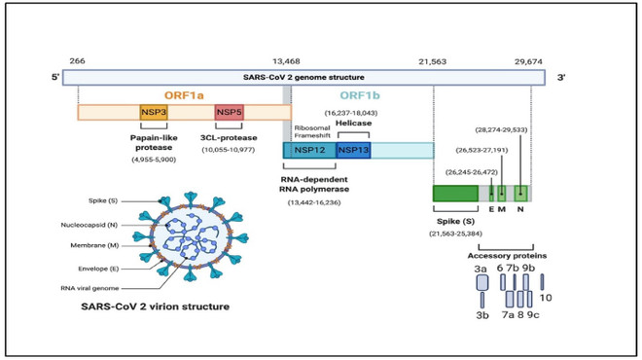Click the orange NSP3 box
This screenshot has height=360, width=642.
[x=153, y=113]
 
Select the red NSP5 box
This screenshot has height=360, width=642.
[x=230, y=113]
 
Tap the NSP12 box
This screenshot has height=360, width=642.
[x=309, y=150]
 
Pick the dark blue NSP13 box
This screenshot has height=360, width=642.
[x=353, y=150]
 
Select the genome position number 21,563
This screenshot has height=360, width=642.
[x=432, y=59]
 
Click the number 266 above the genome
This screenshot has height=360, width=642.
[x=77, y=59]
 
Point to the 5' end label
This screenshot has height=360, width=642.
[x=55, y=77]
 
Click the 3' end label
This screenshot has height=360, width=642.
[x=562, y=77]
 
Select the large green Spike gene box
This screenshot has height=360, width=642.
[x=455, y=193]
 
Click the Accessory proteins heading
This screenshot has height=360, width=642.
[x=509, y=256]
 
